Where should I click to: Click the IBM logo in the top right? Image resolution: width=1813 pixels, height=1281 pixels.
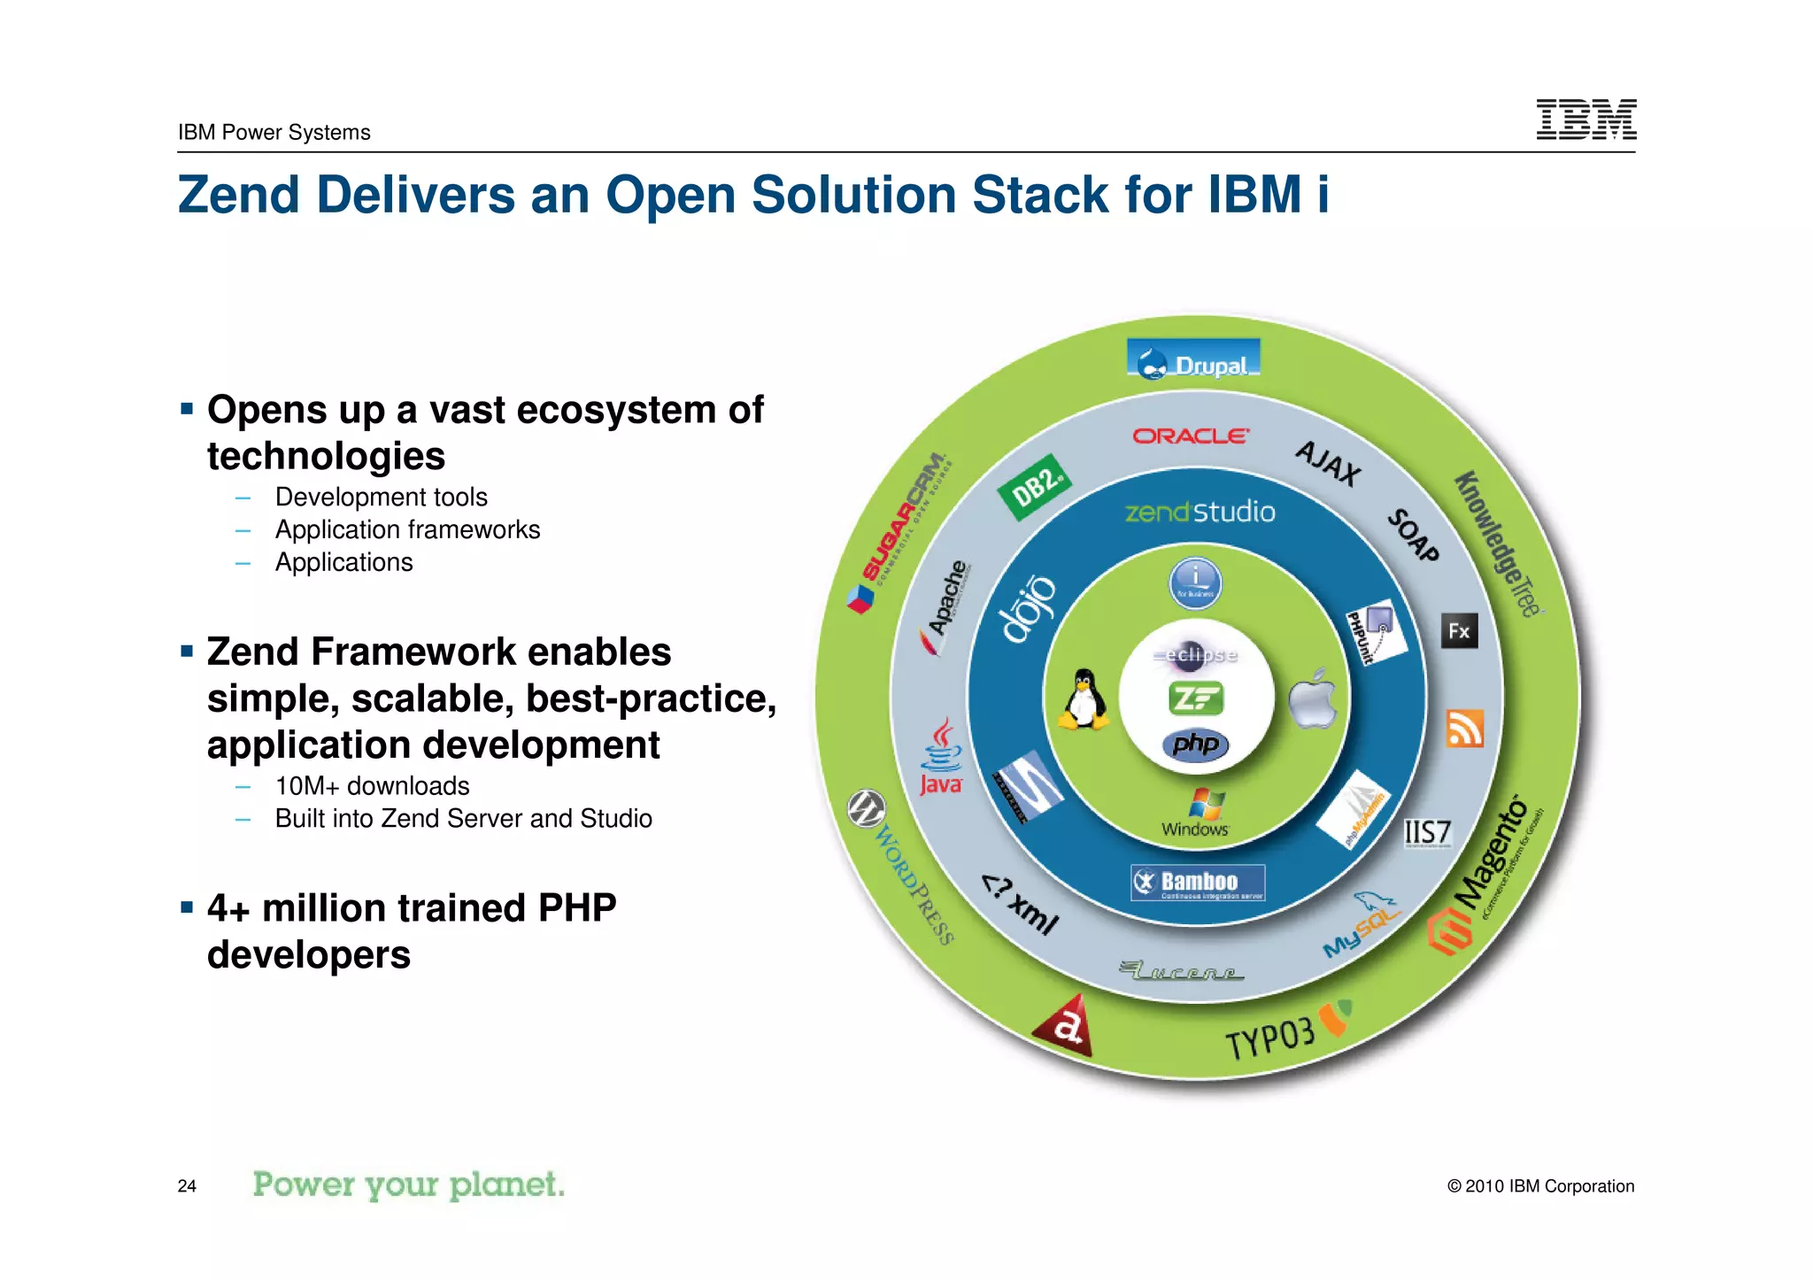pyautogui.click(x=1585, y=120)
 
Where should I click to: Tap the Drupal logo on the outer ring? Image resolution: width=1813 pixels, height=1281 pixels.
pyautogui.click(x=1193, y=361)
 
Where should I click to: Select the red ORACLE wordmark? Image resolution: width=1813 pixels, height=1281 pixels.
pyautogui.click(x=1191, y=436)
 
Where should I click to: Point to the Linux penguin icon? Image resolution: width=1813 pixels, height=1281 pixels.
pyautogui.click(x=1084, y=699)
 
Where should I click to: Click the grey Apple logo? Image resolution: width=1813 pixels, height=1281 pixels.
pyautogui.click(x=1314, y=699)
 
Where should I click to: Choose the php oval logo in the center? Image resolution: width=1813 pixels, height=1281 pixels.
pyautogui.click(x=1195, y=745)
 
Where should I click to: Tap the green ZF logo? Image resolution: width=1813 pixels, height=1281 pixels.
pyautogui.click(x=1195, y=699)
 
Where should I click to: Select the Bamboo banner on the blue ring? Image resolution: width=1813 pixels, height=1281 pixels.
pyautogui.click(x=1197, y=883)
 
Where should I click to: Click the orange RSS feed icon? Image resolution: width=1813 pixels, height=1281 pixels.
pyautogui.click(x=1464, y=729)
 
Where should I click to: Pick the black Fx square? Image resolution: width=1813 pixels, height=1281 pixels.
pyautogui.click(x=1459, y=631)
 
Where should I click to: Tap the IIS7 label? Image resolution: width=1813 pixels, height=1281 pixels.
pyautogui.click(x=1427, y=833)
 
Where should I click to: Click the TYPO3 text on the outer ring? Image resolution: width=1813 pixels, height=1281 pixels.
pyautogui.click(x=1270, y=1038)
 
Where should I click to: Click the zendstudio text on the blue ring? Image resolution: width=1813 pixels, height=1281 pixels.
pyautogui.click(x=1200, y=512)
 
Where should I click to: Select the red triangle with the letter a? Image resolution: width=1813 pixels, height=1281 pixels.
pyautogui.click(x=1066, y=1026)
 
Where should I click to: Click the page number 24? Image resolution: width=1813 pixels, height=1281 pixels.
pyautogui.click(x=187, y=1186)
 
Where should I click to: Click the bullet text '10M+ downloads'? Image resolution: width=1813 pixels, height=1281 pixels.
pyautogui.click(x=372, y=786)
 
